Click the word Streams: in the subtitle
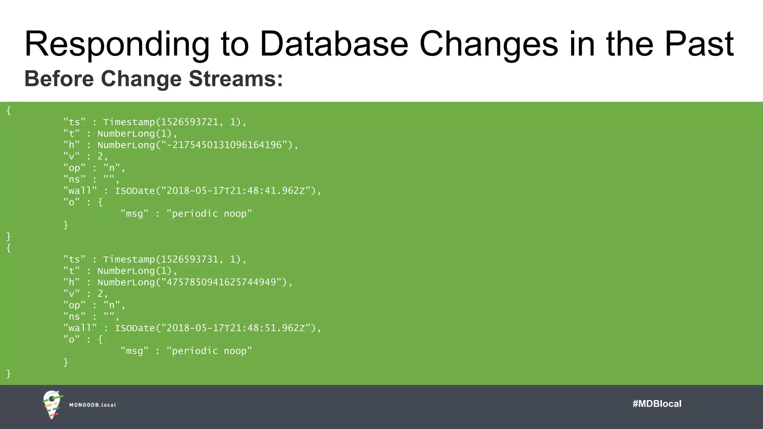(x=236, y=79)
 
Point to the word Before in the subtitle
(x=59, y=79)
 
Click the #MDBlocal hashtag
(x=657, y=404)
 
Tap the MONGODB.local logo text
(x=92, y=405)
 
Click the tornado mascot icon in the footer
(x=52, y=404)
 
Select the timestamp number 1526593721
(x=190, y=122)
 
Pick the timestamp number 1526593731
(x=190, y=259)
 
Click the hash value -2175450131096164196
(x=224, y=145)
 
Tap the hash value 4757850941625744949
(x=221, y=282)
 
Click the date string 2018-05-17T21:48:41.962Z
(x=235, y=191)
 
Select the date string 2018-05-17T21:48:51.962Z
(x=235, y=328)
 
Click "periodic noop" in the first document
(x=209, y=214)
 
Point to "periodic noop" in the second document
(x=209, y=351)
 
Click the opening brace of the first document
(x=9, y=111)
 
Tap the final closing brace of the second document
(x=9, y=374)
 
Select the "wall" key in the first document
(x=80, y=191)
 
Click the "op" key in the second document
(x=74, y=305)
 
